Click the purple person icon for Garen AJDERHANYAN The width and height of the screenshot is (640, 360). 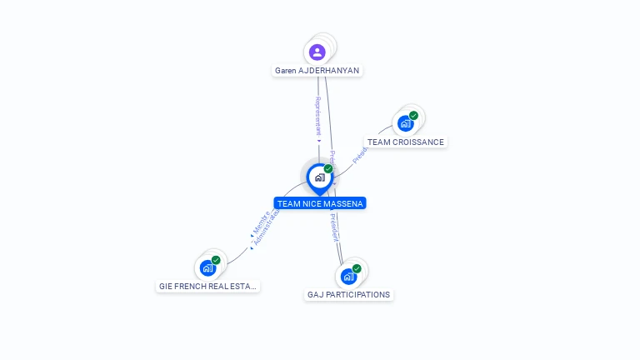(x=317, y=52)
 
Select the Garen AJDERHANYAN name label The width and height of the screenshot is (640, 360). (x=317, y=71)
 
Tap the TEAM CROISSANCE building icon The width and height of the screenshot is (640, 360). (x=405, y=124)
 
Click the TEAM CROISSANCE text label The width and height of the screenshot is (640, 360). (x=406, y=142)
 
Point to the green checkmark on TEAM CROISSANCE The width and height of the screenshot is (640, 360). (x=413, y=116)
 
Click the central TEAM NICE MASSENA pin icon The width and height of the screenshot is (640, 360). (x=319, y=177)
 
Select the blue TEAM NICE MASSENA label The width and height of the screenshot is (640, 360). (x=320, y=203)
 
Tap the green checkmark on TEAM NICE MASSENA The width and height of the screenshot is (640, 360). (x=328, y=169)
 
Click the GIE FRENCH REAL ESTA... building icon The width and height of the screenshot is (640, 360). (x=207, y=268)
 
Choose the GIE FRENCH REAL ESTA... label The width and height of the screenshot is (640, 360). (x=208, y=286)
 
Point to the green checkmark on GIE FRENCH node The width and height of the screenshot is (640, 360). (x=216, y=260)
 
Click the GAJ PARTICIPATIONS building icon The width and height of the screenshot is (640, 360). (x=348, y=276)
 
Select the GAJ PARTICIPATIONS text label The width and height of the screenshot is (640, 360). (x=348, y=294)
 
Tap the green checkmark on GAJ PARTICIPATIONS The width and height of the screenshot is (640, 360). (x=357, y=268)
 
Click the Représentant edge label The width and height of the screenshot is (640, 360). (x=317, y=116)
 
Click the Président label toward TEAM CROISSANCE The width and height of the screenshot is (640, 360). (x=359, y=155)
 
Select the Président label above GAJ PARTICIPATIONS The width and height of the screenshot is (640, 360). (x=334, y=227)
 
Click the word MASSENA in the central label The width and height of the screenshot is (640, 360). (x=345, y=203)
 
